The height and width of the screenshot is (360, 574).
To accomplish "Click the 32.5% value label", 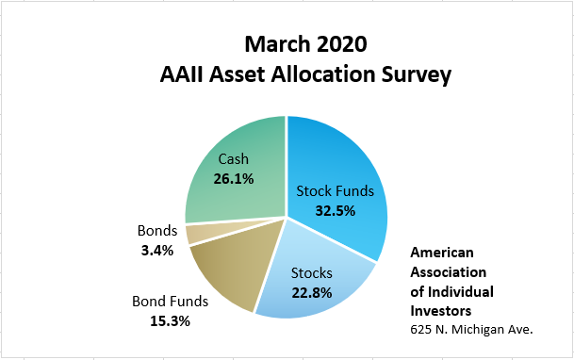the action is pyautogui.click(x=336, y=211).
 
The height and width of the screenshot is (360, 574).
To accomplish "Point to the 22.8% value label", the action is pyautogui.click(x=312, y=293).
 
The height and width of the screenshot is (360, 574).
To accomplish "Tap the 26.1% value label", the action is pyautogui.click(x=234, y=179).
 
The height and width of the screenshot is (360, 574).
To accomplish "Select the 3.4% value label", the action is pyautogui.click(x=157, y=251).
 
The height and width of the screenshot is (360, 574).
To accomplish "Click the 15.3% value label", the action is pyautogui.click(x=171, y=321).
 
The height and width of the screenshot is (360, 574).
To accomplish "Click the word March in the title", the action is pyautogui.click(x=277, y=44).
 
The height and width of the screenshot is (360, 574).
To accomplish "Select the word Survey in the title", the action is pyautogui.click(x=417, y=75).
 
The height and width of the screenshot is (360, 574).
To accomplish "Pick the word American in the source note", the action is pyautogui.click(x=442, y=253).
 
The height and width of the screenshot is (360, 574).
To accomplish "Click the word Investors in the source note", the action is pyautogui.click(x=441, y=311).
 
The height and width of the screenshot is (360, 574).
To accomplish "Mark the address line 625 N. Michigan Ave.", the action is pyautogui.click(x=471, y=330).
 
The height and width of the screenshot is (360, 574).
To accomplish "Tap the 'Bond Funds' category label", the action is pyautogui.click(x=171, y=302).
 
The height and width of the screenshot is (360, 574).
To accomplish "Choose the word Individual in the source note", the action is pyautogui.click(x=461, y=292).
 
